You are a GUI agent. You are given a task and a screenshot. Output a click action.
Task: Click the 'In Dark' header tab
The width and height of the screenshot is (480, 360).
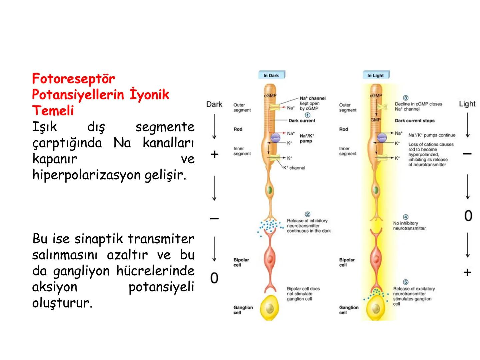point(271,75)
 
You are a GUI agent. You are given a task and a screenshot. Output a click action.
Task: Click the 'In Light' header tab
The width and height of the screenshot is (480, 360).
point(376,75)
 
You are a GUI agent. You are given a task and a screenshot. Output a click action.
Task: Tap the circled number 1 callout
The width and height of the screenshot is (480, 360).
point(308,115)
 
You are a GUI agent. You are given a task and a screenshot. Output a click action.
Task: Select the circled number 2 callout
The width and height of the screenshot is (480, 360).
point(307,214)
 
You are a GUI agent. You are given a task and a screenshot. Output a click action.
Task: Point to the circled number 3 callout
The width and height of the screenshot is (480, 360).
point(406,98)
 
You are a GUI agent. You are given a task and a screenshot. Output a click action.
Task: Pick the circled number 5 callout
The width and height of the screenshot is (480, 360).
point(406,282)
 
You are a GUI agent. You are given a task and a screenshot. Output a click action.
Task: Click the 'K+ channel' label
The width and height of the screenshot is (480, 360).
point(294,168)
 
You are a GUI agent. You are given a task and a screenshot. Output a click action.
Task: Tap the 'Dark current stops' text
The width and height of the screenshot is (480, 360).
point(415,121)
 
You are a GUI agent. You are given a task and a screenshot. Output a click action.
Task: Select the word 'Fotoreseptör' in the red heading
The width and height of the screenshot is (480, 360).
point(73,79)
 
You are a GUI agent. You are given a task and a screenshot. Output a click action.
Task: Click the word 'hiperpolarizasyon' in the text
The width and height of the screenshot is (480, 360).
point(86,175)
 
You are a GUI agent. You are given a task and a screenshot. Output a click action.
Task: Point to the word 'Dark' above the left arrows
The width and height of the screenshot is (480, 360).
point(214,104)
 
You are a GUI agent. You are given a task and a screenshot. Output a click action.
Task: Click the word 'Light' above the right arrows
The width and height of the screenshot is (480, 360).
point(467,104)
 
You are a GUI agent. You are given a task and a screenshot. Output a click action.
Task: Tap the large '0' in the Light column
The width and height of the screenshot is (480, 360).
point(468,216)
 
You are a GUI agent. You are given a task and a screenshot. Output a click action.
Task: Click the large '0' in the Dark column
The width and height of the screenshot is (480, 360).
point(214,278)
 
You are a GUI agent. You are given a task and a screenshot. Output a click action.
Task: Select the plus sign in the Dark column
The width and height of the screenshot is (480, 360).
point(214,154)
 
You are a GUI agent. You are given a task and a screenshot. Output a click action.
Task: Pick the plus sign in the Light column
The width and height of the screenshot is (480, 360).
point(467,272)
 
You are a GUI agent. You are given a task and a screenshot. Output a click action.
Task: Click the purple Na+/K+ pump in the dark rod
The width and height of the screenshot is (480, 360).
point(276,137)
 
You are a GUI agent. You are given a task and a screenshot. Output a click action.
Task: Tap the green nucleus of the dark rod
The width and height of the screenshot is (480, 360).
point(270,190)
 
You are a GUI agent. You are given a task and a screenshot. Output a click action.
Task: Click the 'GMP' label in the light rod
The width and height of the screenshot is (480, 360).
point(376,120)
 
